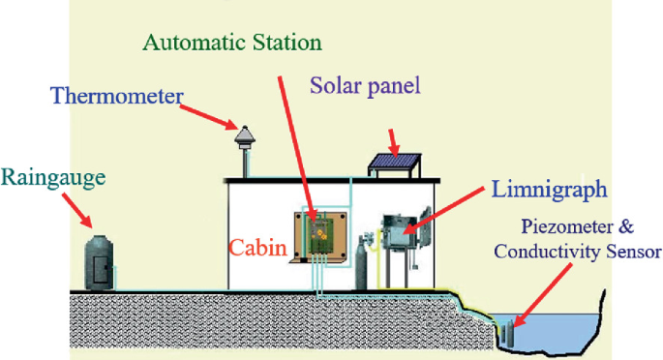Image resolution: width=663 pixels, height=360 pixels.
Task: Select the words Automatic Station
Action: point(232,44)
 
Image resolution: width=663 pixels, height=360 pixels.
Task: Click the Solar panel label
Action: point(365,85)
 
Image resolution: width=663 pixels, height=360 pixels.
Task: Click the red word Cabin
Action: point(257,249)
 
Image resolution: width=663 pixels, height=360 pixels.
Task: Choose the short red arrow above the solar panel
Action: point(391,137)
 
